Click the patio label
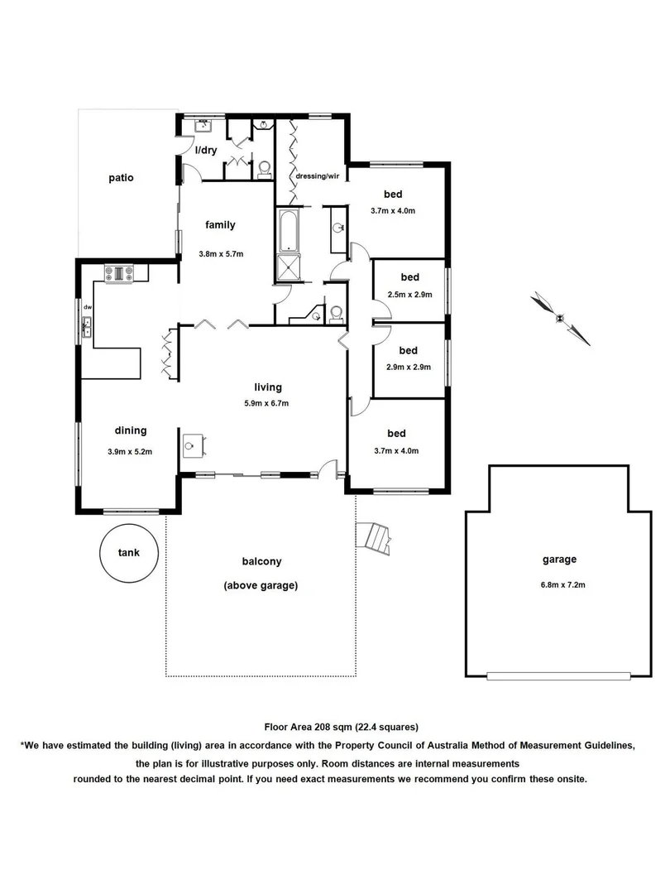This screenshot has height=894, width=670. [120, 178]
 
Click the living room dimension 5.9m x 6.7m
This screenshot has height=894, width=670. [267, 403]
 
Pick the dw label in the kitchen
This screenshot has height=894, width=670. [86, 307]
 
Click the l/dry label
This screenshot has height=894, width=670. [205, 151]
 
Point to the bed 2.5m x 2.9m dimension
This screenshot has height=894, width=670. [409, 294]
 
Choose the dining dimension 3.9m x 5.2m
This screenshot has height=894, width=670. [131, 451]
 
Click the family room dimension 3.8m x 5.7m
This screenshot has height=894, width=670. [221, 254]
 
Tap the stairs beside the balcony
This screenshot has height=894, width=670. [374, 538]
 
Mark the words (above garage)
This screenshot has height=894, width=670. [261, 585]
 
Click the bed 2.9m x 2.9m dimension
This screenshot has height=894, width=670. [409, 367]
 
